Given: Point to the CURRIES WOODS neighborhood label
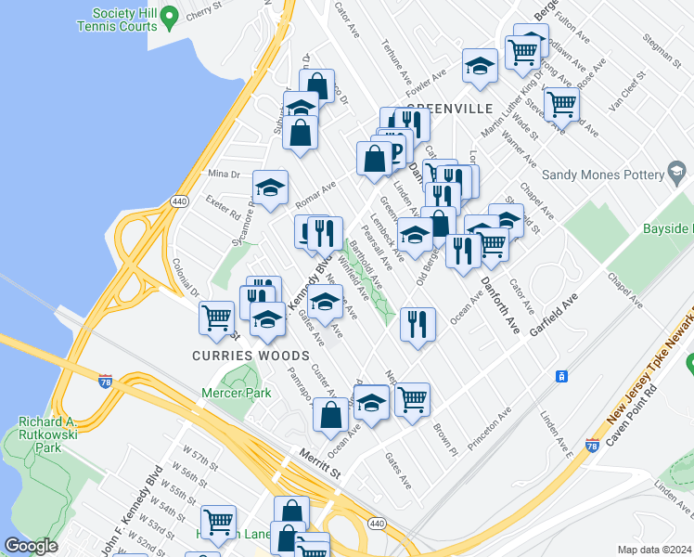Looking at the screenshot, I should [x=251, y=356].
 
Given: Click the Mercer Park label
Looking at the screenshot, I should [x=236, y=393].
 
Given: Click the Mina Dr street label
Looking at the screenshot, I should [x=224, y=174].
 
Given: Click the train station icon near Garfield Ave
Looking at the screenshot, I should [x=559, y=376].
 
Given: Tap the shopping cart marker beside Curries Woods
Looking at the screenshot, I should [x=216, y=317].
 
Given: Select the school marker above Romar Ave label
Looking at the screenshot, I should [x=270, y=188].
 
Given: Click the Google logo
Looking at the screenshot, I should [x=31, y=546].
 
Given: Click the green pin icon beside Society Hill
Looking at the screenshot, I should [x=169, y=16].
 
